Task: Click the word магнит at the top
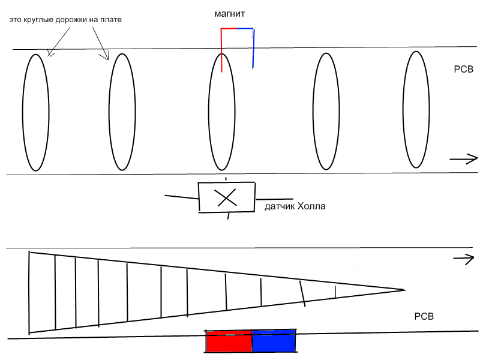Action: [x=229, y=14]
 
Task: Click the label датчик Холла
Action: [x=295, y=206]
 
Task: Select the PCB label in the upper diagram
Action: [x=463, y=69]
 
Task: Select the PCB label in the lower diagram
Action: [x=424, y=316]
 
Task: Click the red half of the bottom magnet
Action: [x=229, y=341]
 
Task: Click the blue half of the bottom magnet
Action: [x=274, y=341]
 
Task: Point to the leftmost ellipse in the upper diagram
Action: [x=23, y=112]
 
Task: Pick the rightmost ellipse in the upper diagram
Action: [x=403, y=110]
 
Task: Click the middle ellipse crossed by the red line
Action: [x=209, y=112]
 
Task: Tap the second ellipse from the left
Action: [x=109, y=112]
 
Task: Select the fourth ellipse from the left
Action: [x=313, y=111]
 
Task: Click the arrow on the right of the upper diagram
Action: [x=463, y=159]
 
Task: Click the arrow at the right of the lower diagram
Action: [x=463, y=259]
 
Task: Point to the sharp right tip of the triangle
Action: [x=404, y=290]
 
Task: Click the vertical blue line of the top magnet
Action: [x=253, y=49]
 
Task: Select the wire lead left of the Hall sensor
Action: [x=182, y=197]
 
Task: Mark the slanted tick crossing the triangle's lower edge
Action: [x=302, y=294]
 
